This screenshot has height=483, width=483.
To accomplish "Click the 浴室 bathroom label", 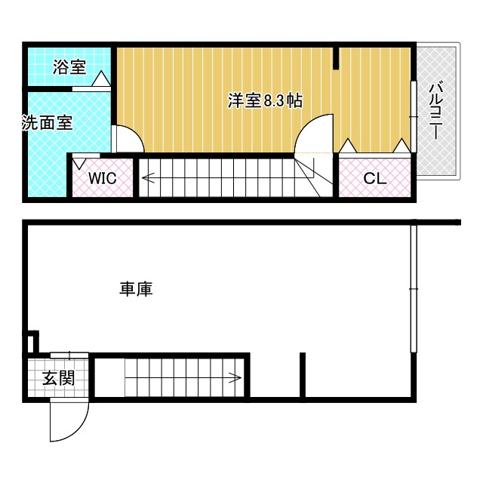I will (x=69, y=66).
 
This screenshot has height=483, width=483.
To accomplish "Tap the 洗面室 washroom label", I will (x=47, y=123).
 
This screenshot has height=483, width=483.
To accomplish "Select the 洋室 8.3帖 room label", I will (x=265, y=101).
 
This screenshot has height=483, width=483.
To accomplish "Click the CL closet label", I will (x=374, y=179).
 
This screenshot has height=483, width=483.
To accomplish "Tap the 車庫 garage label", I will (x=136, y=288).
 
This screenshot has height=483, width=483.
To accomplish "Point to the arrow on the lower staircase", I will (x=235, y=377).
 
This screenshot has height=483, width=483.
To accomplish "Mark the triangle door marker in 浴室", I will (x=102, y=78).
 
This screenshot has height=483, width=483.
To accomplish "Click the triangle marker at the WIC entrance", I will (x=78, y=162).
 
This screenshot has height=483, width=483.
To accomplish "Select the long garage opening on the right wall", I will (x=413, y=288).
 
